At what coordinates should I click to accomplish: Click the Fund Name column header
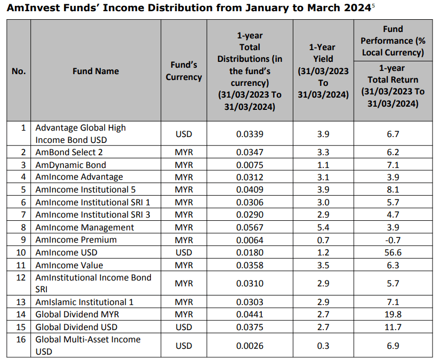click(95, 71)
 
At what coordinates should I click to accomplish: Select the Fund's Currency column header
click(183, 71)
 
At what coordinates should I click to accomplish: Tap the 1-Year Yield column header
click(323, 71)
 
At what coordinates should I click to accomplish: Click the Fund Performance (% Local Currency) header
click(393, 41)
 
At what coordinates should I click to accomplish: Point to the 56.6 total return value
click(393, 252)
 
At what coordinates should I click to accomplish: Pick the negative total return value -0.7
click(393, 239)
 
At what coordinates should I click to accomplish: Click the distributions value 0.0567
click(250, 227)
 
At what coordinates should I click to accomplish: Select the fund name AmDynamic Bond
click(70, 165)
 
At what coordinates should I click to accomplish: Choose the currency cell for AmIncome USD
click(183, 252)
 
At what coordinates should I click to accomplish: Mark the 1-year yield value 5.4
click(323, 227)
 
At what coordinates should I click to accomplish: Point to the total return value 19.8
click(393, 314)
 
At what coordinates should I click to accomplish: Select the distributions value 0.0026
click(250, 346)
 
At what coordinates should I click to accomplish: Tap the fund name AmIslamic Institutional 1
click(84, 302)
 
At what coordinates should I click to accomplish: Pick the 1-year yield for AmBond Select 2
click(323, 152)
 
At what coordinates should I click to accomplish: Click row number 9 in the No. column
click(23, 239)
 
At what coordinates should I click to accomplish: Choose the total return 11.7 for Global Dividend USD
click(393, 327)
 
